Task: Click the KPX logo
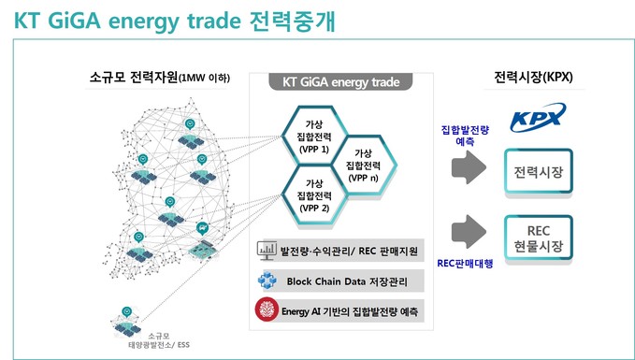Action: pos(538,117)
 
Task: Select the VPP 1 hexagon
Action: pos(314,136)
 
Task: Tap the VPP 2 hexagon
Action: pos(314,195)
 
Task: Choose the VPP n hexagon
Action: pos(363,165)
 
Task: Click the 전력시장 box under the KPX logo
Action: pos(539,172)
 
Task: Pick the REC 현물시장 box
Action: pos(539,238)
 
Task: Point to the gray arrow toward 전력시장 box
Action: pos(469,166)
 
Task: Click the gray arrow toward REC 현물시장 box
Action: pos(469,232)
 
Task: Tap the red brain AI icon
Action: pos(267,310)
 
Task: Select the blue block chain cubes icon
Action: pos(267,281)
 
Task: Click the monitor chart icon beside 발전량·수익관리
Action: pos(267,252)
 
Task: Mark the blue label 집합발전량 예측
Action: pos(465,136)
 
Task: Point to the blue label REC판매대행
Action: pos(465,264)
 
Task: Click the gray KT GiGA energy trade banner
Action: pos(340,81)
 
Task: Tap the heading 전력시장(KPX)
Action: pos(533,77)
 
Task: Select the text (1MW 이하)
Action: pos(204,78)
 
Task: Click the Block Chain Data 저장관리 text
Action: pos(347,281)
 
